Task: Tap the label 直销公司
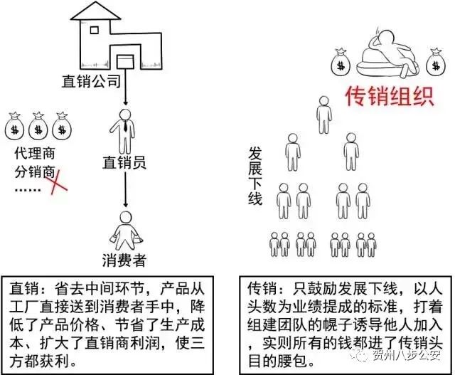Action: click(94, 82)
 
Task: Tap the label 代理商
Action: click(36, 154)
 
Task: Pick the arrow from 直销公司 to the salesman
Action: click(125, 91)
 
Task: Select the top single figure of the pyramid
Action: click(323, 110)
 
